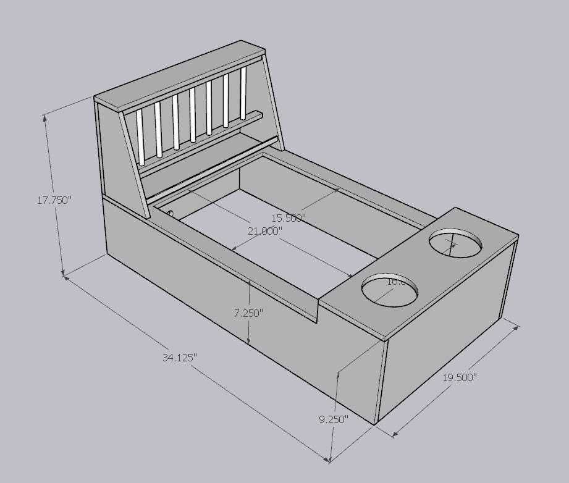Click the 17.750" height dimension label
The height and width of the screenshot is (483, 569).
click(x=54, y=200)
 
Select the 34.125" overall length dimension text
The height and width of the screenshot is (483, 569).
click(x=180, y=357)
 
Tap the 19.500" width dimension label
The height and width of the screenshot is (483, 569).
click(x=459, y=377)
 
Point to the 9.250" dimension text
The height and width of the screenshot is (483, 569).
click(x=333, y=419)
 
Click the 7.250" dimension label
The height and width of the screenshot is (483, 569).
click(x=248, y=313)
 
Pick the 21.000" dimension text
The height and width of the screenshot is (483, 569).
click(x=264, y=230)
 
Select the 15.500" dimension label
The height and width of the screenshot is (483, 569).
click(x=288, y=218)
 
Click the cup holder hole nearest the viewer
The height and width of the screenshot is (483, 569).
click(x=390, y=289)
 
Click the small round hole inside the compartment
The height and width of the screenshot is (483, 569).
click(x=171, y=214)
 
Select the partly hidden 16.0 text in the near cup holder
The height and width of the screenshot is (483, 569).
click(x=396, y=282)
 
